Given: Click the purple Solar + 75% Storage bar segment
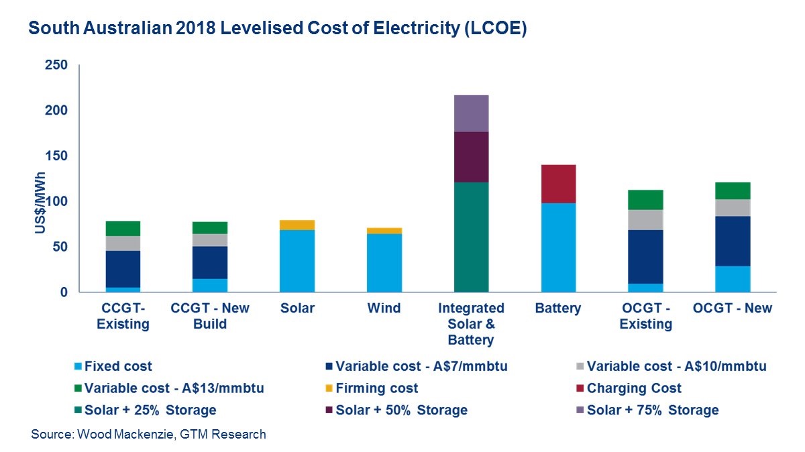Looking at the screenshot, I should pyautogui.click(x=471, y=113).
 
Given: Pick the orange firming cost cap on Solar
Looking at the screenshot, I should pyautogui.click(x=297, y=225).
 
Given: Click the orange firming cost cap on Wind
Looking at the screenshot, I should pyautogui.click(x=384, y=231).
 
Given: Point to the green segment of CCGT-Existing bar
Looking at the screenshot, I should pyautogui.click(x=123, y=229).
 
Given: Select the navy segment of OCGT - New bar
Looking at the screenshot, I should pyautogui.click(x=733, y=241).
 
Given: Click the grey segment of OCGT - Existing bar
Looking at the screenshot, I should pyautogui.click(x=645, y=220).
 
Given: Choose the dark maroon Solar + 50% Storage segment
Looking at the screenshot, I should pyautogui.click(x=471, y=157).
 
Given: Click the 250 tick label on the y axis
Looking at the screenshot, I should pyautogui.click(x=56, y=65).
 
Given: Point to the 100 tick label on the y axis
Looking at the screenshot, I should pyautogui.click(x=56, y=202).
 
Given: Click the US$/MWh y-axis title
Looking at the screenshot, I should pyautogui.click(x=40, y=201).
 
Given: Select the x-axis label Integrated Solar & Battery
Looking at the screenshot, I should pyautogui.click(x=471, y=324).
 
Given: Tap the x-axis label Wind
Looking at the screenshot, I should pyautogui.click(x=384, y=308).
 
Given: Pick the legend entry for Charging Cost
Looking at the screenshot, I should pyautogui.click(x=633, y=388).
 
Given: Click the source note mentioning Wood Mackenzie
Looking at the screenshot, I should pyautogui.click(x=148, y=435).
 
